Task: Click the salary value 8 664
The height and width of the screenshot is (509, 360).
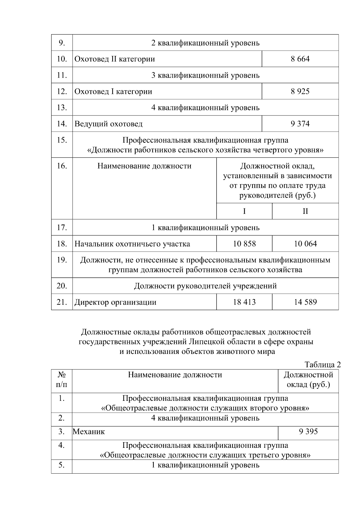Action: click(x=300, y=59)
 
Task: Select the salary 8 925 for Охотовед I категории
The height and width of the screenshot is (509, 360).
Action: click(x=300, y=91)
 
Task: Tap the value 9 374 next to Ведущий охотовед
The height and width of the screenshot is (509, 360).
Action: click(x=300, y=124)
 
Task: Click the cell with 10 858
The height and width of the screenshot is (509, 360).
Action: click(x=244, y=244)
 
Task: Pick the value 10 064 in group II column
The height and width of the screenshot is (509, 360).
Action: click(x=305, y=244)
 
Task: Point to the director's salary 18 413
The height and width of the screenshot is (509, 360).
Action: click(x=244, y=302)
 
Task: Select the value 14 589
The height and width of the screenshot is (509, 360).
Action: click(x=305, y=302)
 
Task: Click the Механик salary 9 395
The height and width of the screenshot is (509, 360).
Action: click(x=308, y=432)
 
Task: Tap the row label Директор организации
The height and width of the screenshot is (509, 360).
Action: click(x=115, y=302)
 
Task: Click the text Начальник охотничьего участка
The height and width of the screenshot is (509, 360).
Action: click(x=132, y=244)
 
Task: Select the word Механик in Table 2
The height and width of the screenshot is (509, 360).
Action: click(x=89, y=432)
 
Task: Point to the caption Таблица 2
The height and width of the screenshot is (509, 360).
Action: click(x=322, y=365)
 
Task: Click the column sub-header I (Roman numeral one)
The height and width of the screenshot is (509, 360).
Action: click(x=244, y=211)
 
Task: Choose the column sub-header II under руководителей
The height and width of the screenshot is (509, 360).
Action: click(x=305, y=211)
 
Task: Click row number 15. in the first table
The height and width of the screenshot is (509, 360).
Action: click(x=62, y=140)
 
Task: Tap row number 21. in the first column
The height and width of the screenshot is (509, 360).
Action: click(x=62, y=302)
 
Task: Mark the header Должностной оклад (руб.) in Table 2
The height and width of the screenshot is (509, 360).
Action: click(x=308, y=380)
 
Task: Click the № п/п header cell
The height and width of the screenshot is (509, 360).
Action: click(x=62, y=380)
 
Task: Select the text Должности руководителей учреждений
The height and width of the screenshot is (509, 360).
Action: click(x=205, y=286)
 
